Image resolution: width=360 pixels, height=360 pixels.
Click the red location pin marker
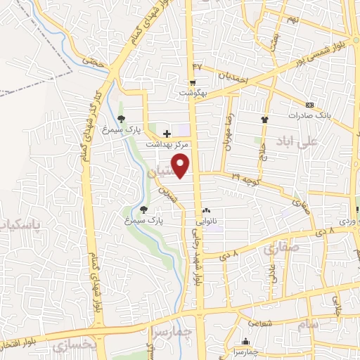181,165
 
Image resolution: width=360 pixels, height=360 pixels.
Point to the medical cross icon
167,133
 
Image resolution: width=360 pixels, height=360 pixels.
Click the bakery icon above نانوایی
206,211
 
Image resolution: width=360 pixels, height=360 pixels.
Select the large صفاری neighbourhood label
281,247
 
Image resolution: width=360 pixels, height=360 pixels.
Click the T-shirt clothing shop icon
265,120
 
